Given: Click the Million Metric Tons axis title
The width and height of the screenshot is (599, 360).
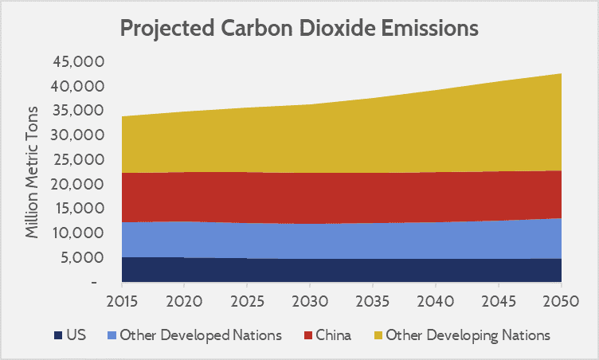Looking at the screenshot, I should (33, 171).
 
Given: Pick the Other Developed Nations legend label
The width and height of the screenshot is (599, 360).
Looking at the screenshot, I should (201, 335).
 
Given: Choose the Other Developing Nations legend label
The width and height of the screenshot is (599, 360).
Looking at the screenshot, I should (468, 335).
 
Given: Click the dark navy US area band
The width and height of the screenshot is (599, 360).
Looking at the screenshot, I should (343, 270).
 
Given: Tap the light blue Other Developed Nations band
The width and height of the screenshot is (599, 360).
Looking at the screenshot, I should (343, 241).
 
